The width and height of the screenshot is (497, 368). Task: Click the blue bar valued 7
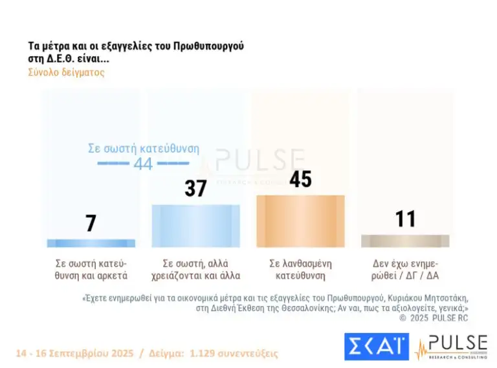pyautogui.click(x=91, y=243)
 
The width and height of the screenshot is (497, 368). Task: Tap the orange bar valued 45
pyautogui.click(x=300, y=221)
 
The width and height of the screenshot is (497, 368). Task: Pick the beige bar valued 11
pyautogui.click(x=405, y=241)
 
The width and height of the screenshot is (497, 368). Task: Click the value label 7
pyautogui.click(x=91, y=223)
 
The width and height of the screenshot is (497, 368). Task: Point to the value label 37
pyautogui.click(x=195, y=188)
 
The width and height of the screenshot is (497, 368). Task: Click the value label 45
pyautogui.click(x=300, y=179)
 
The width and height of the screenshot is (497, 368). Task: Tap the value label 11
pyautogui.click(x=405, y=219)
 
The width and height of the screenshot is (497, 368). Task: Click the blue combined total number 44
pyautogui.click(x=143, y=164)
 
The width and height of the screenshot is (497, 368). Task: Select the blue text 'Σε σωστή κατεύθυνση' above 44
pyautogui.click(x=143, y=148)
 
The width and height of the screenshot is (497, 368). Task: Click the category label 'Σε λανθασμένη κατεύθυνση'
pyautogui.click(x=300, y=269)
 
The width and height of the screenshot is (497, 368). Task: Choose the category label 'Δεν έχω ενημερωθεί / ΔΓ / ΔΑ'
pyautogui.click(x=405, y=269)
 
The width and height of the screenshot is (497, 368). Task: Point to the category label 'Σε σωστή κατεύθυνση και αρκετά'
pyautogui.click(x=91, y=269)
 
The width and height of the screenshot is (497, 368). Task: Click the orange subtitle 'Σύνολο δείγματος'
pyautogui.click(x=66, y=72)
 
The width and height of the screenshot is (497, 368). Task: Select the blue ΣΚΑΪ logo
pyautogui.click(x=376, y=347)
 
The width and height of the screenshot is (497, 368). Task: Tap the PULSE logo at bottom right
pyautogui.click(x=452, y=347)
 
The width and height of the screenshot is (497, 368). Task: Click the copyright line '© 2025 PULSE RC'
pyautogui.click(x=433, y=318)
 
